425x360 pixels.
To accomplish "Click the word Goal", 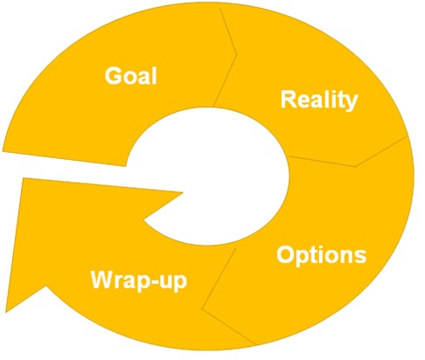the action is [x=131, y=76].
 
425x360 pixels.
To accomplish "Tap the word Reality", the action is [x=319, y=100].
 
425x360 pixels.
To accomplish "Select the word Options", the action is [x=322, y=255].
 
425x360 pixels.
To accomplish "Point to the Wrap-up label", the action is [x=139, y=280].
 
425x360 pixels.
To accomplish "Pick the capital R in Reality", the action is [x=289, y=99].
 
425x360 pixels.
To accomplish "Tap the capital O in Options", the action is [x=285, y=254].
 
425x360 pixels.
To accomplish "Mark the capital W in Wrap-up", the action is [x=103, y=279].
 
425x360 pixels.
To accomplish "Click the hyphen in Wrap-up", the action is [x=153, y=281].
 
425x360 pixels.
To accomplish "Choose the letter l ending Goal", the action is [x=155, y=76].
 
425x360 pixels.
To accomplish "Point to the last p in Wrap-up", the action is [x=179, y=283].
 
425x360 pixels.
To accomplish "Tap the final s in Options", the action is [x=360, y=257].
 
